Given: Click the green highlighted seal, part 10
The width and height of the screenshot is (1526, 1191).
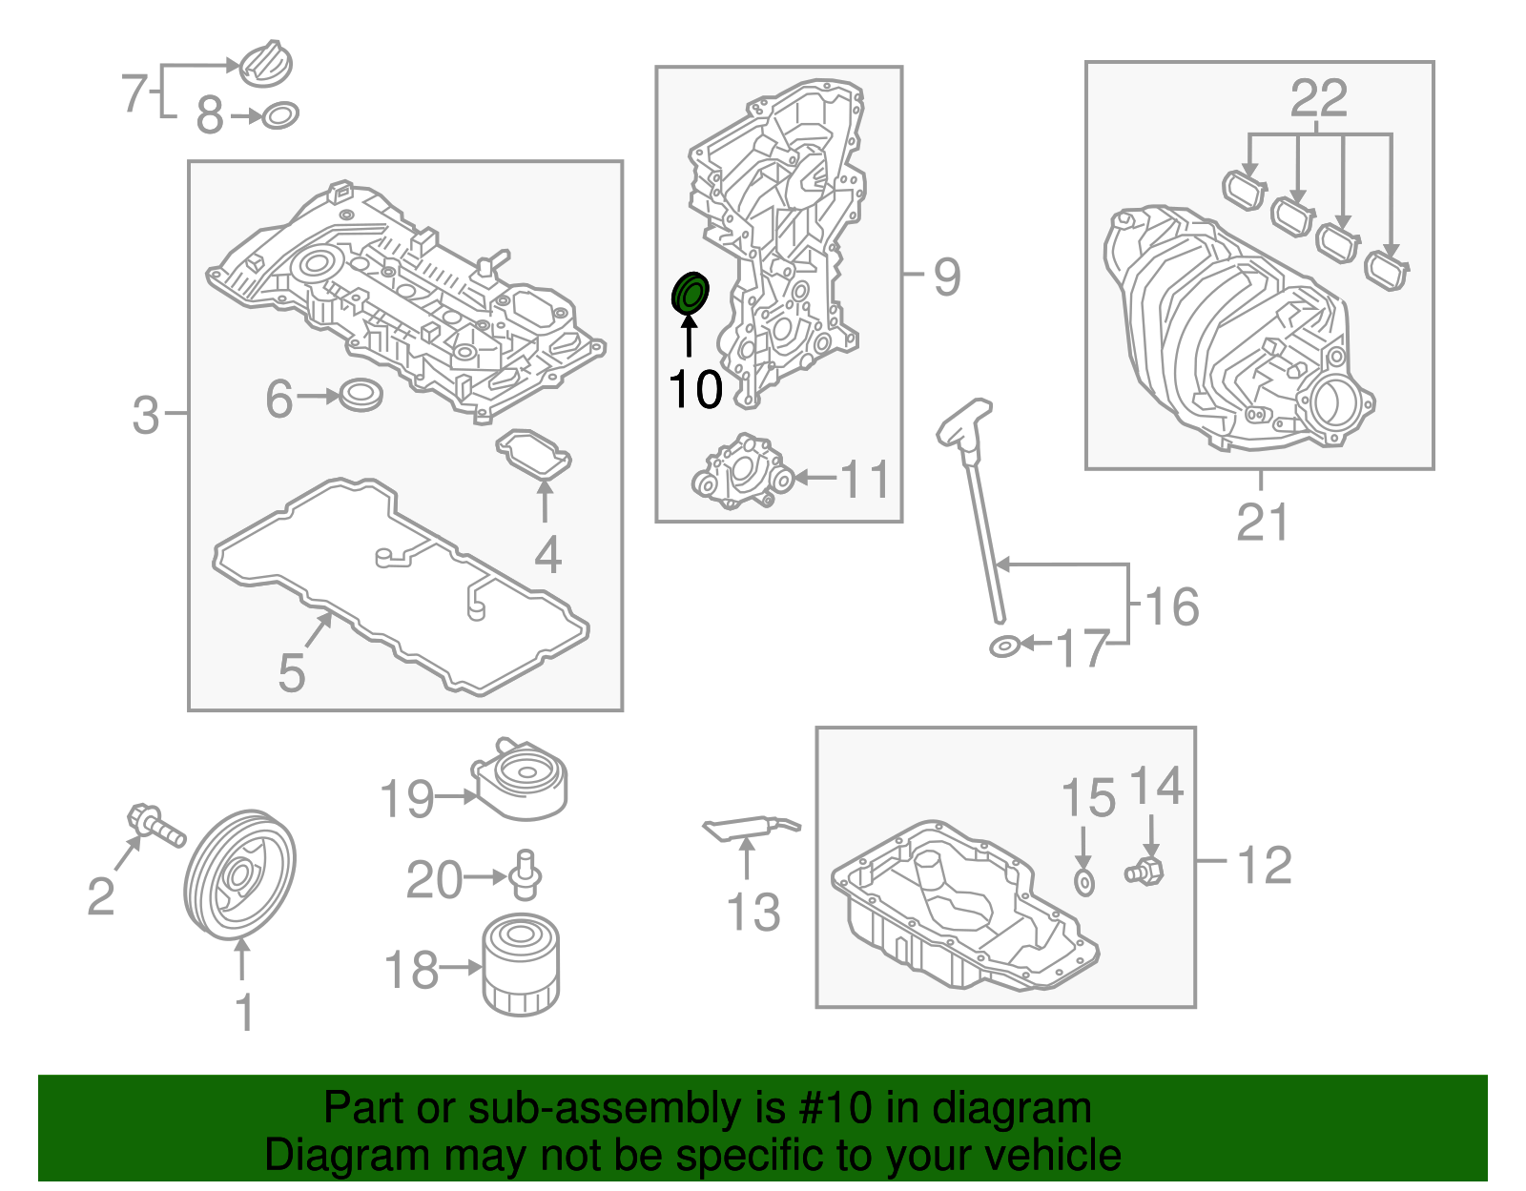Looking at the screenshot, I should [x=690, y=294].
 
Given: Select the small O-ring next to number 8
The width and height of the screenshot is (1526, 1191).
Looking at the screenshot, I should [x=279, y=115].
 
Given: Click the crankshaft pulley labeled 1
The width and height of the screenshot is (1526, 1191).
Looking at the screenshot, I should [x=239, y=874].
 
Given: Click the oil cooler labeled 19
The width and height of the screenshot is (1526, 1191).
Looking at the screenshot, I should [x=522, y=780].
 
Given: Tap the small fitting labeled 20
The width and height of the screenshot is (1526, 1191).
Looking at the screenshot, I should [x=524, y=874].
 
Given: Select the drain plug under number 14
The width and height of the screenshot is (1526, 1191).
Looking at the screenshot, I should [x=1144, y=870].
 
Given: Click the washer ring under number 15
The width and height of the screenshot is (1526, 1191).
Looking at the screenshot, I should [x=1084, y=882].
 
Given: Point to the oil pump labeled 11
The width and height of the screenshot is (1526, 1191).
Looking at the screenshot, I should [x=741, y=473].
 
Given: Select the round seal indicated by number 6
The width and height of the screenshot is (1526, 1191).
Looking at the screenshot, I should [x=360, y=394].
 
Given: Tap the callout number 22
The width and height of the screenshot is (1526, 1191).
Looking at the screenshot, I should [x=1319, y=98].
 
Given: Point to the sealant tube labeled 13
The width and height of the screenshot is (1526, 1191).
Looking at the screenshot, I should [x=749, y=829].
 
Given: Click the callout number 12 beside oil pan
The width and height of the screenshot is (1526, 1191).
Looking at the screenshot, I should [x=1264, y=865].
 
